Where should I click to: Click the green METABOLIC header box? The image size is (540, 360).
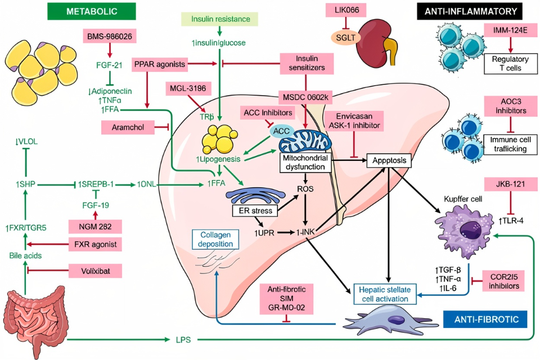(92, 11)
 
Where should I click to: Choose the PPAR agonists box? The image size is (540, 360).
(160, 65)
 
